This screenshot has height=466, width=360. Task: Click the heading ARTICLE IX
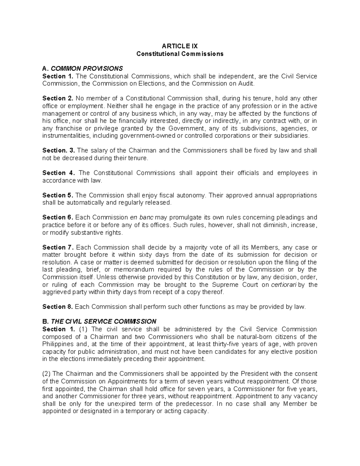pyautogui.click(x=180, y=46)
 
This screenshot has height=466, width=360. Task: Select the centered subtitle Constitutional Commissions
pyautogui.click(x=180, y=54)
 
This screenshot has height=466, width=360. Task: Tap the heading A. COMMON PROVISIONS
pyautogui.click(x=82, y=68)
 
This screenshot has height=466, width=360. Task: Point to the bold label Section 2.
pyautogui.click(x=58, y=98)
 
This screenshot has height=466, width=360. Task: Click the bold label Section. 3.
pyautogui.click(x=59, y=150)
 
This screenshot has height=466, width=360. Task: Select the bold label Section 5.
pyautogui.click(x=58, y=195)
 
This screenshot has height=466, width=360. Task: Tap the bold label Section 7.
pyautogui.click(x=58, y=247)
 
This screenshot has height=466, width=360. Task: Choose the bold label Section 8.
pyautogui.click(x=58, y=307)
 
